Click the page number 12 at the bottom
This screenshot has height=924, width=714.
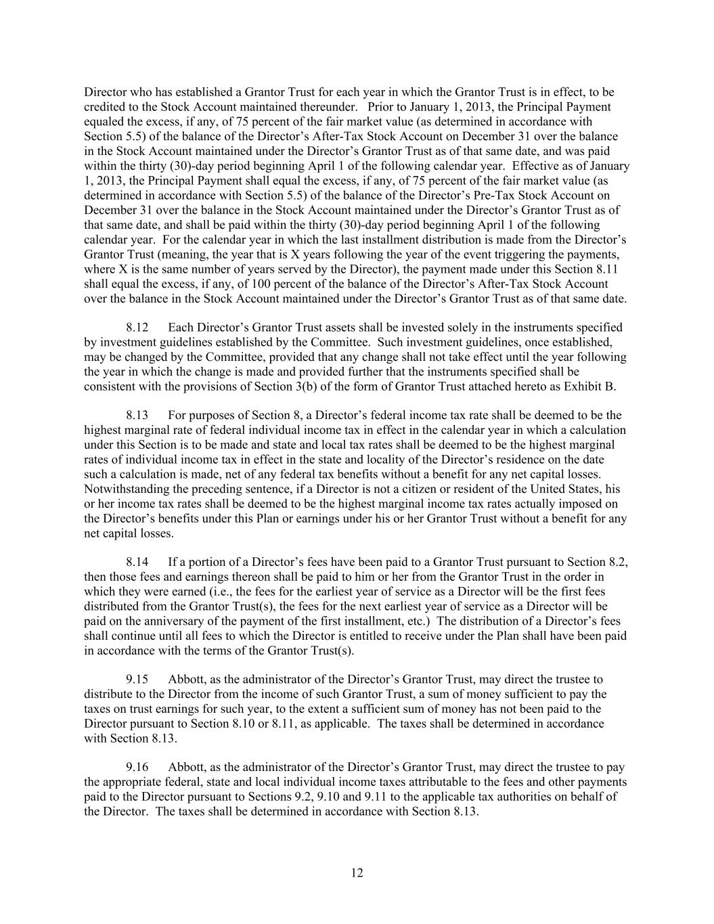click(x=357, y=873)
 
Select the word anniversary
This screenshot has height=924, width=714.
click(x=160, y=621)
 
